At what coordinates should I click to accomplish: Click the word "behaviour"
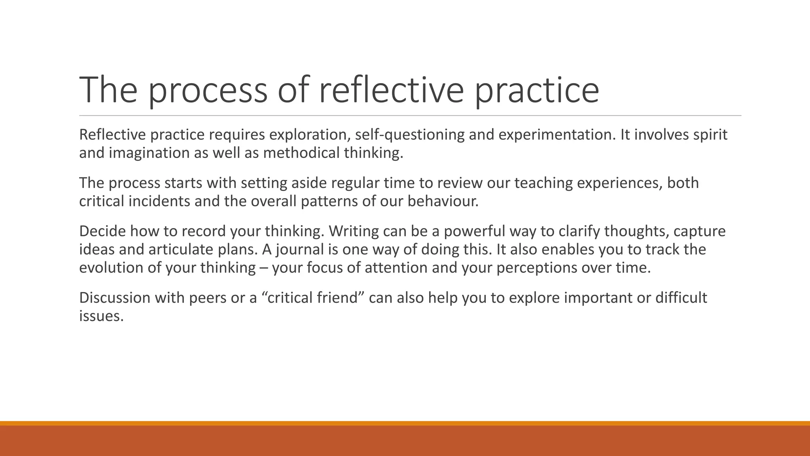443,201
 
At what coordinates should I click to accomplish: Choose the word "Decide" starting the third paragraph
102,231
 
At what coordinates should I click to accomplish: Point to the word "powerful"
475,231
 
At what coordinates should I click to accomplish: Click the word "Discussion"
115,298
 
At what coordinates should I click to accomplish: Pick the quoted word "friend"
341,298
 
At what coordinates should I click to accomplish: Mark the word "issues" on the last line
101,316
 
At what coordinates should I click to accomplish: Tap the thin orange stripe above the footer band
405,423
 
